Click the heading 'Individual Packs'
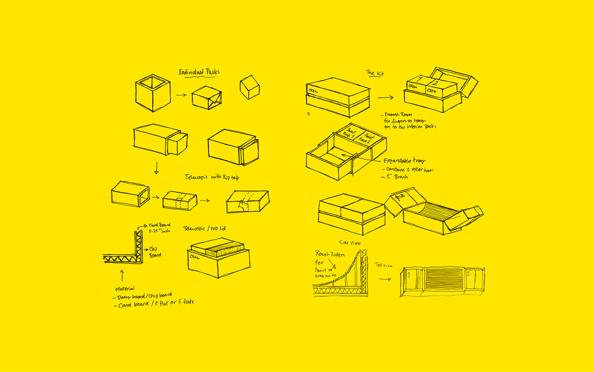[x=199, y=72]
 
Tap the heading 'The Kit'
[x=375, y=73]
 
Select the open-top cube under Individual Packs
[x=153, y=93]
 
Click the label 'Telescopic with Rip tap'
[x=212, y=177]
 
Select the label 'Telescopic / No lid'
[x=205, y=228]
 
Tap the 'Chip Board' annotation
[x=155, y=252]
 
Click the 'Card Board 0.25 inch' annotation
[x=160, y=228]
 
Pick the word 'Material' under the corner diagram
[x=125, y=289]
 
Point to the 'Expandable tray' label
[x=404, y=161]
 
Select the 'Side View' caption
[x=350, y=243]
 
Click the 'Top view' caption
[x=384, y=265]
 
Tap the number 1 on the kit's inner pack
[x=420, y=79]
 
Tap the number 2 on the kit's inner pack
[x=434, y=83]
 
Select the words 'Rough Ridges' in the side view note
[x=330, y=255]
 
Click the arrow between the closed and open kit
[x=385, y=98]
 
